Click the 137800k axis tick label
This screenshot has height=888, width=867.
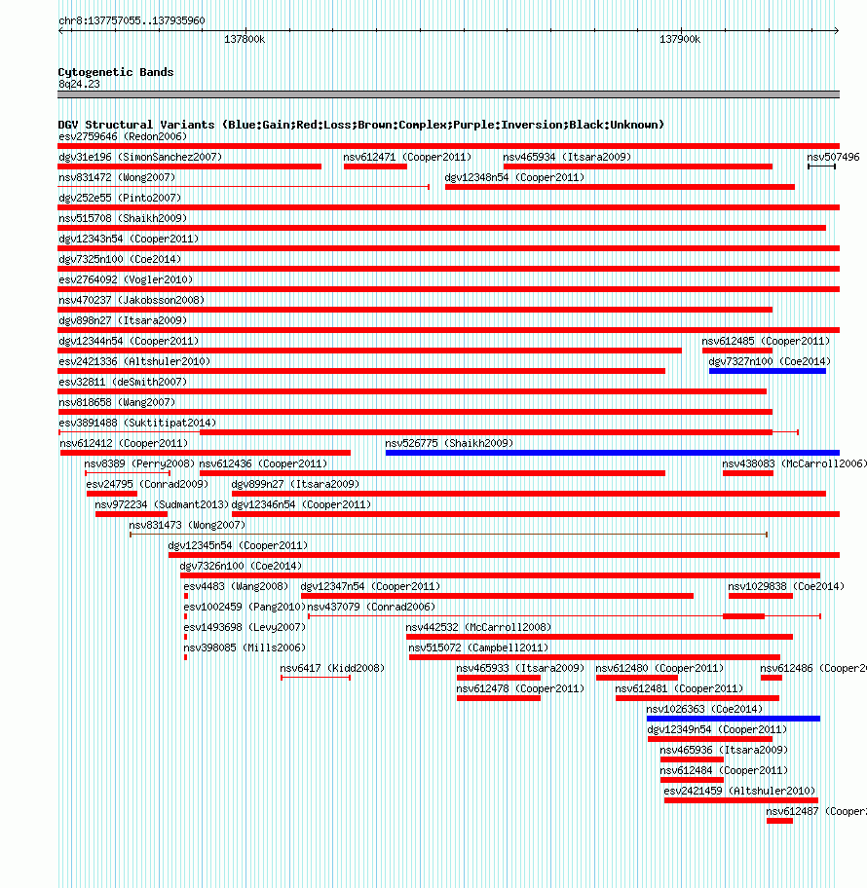pos(245,39)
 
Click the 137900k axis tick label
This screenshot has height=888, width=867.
pos(680,39)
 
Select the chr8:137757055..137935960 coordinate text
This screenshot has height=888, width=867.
pos(132,20)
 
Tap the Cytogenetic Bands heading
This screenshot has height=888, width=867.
pos(116,72)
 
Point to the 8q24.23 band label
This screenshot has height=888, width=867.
pos(79,84)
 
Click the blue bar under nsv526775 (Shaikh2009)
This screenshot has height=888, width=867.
pos(612,453)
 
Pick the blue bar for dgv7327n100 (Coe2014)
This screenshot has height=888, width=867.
pos(768,371)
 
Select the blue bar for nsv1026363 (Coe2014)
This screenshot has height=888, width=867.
pos(734,719)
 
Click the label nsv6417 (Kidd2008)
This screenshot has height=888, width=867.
pos(332,668)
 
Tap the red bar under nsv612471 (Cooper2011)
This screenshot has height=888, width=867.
pos(375,166)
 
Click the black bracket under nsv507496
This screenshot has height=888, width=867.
pos(821,166)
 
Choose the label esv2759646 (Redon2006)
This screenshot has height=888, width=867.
pos(123,136)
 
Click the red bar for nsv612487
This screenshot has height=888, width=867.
pos(779,821)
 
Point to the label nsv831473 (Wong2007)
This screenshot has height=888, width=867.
pos(187,525)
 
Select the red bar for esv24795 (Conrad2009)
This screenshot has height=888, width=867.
pos(112,494)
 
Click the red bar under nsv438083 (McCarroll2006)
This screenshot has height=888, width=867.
pos(747,473)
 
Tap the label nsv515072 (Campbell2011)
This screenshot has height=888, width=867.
pos(478,647)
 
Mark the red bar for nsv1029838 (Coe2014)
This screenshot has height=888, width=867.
pos(761,596)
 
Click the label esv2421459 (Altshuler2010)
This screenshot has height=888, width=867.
pos(739,791)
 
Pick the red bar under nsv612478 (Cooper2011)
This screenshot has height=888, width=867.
pos(499,698)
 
